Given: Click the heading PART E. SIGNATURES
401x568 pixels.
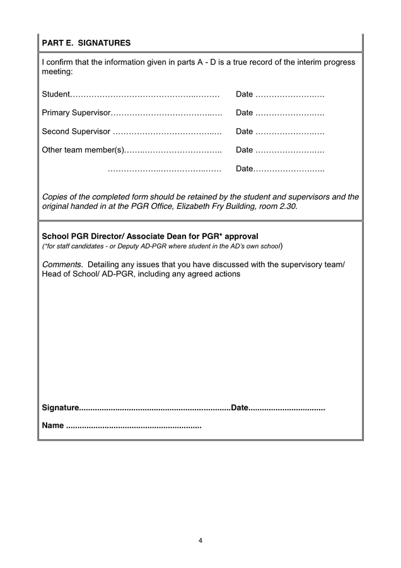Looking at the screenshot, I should pos(86,43).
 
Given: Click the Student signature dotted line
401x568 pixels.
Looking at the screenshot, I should pos(144,95).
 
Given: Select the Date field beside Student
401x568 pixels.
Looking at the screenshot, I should pos(289,95).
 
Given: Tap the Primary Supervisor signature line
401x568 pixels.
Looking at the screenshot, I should pos(166,113).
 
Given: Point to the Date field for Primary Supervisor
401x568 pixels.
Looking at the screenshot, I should pos(289,113).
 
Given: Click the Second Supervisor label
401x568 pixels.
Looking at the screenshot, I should pos(76,131).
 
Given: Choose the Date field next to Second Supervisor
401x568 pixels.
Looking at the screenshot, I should pos(289,131).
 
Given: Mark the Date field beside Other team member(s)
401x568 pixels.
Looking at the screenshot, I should pos(289,150).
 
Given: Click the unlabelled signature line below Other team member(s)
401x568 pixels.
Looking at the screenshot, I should pos(164,169).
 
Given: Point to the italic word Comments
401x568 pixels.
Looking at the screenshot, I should pos(62,264).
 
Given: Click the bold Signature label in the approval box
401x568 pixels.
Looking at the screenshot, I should pos(61,408).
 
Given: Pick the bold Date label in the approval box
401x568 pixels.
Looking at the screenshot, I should pos(240,408).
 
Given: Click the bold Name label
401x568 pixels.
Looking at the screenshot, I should pos(52,425).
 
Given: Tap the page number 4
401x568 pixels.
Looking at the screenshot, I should pos(200,540).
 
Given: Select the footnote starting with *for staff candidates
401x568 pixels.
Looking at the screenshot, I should pos(161,246).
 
